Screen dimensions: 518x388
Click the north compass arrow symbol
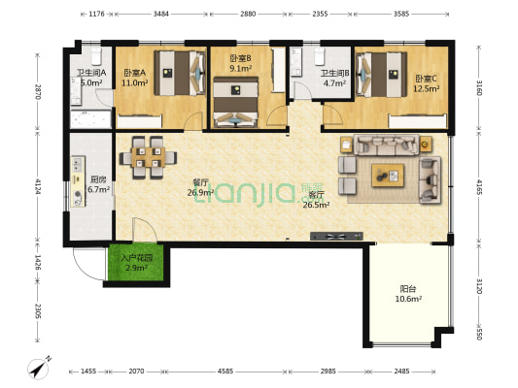(38, 368)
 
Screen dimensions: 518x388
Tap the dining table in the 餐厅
(148, 157)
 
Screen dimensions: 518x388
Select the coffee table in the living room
(388, 176)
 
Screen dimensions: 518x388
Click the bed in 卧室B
(235, 102)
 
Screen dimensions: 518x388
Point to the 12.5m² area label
(427, 88)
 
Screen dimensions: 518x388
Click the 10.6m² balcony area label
(408, 299)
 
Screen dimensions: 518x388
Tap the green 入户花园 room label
(136, 258)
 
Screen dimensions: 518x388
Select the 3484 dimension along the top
(161, 14)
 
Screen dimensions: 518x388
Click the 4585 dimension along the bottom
(225, 372)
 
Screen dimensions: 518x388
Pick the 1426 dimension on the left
(37, 263)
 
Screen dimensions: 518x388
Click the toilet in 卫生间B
(320, 56)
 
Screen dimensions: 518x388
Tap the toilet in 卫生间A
(96, 56)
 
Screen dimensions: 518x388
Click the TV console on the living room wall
(336, 236)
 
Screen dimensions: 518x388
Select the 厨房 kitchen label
(98, 179)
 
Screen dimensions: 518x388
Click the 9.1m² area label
(241, 68)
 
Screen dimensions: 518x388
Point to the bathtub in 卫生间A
(90, 119)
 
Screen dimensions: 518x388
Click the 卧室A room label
(135, 73)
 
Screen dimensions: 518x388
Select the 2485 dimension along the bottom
(401, 372)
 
